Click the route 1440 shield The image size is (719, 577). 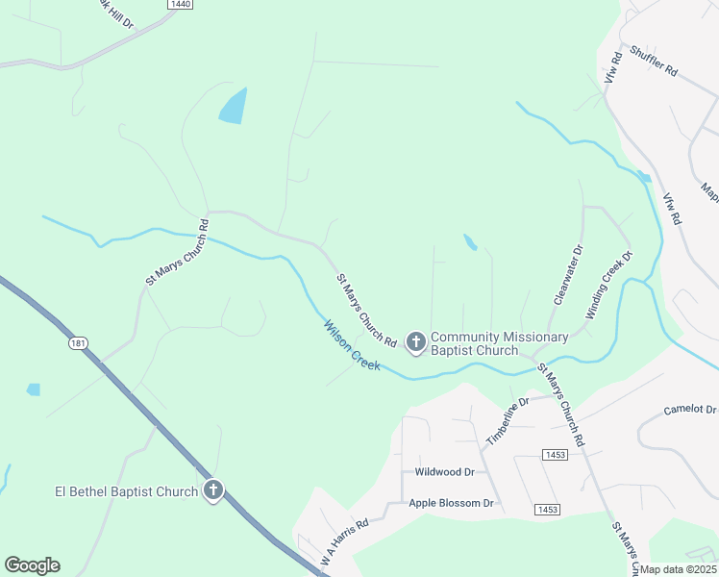[180, 5]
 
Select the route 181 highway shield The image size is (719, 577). [78, 343]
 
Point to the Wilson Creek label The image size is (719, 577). [352, 345]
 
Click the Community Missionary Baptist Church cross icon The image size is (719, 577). [416, 341]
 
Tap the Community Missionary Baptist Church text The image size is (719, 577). [474, 343]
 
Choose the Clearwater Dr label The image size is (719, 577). [568, 275]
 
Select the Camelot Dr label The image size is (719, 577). [690, 410]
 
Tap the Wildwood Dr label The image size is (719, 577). [444, 472]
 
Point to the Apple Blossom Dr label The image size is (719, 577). [451, 503]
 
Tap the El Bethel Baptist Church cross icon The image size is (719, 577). [212, 491]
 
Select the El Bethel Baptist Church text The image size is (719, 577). [126, 492]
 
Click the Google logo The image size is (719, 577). [32, 565]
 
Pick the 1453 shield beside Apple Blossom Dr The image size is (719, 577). [547, 509]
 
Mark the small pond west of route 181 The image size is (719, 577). [34, 389]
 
